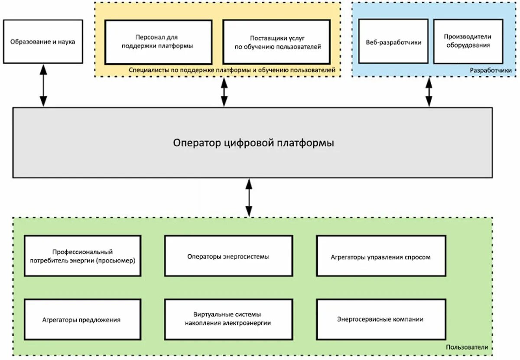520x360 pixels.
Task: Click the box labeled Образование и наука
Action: [x=43, y=42]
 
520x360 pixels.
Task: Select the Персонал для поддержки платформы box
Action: [x=158, y=42]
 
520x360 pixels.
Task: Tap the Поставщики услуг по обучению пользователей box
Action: [x=276, y=42]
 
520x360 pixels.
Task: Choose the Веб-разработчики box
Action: [x=393, y=41]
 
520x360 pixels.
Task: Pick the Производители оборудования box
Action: [x=468, y=41]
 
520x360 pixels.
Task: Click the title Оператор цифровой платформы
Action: [x=253, y=143]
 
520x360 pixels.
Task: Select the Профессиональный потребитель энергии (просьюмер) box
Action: [x=83, y=256]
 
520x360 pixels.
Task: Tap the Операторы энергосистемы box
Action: [x=229, y=256]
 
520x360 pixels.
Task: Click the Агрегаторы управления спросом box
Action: [x=381, y=256]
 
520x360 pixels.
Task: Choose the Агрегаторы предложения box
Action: [x=83, y=320]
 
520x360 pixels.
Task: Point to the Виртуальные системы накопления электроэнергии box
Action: [x=229, y=320]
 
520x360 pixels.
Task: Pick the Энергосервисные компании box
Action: [x=381, y=320]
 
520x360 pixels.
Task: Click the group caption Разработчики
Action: [x=491, y=70]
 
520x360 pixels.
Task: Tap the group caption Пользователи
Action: [x=467, y=347]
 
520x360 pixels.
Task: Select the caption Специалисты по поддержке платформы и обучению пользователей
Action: [x=232, y=70]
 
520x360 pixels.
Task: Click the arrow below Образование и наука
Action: [x=43, y=85]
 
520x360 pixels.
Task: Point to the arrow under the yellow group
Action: [x=224, y=92]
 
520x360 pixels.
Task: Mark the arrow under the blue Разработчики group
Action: [x=429, y=92]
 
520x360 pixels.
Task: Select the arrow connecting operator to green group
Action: [x=249, y=198]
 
